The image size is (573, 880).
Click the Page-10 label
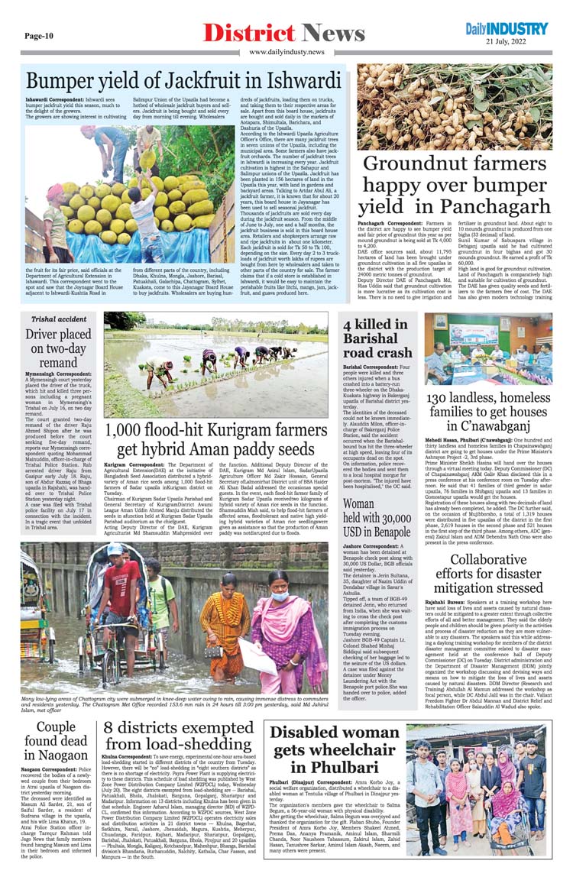pyautogui.click(x=38, y=35)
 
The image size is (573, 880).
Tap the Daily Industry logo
pyautogui.click(x=507, y=29)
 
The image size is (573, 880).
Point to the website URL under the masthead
pyautogui.click(x=286, y=51)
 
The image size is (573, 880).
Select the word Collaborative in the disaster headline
pyautogui.click(x=489, y=561)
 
